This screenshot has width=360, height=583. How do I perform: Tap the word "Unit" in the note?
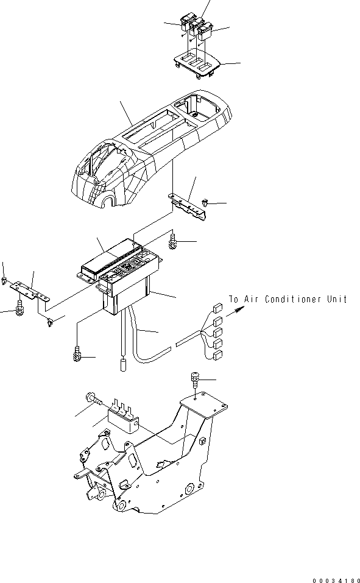click(x=336, y=299)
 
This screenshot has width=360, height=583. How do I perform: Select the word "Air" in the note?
click(x=252, y=299)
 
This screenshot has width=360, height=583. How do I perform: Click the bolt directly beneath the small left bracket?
click(x=21, y=306)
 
